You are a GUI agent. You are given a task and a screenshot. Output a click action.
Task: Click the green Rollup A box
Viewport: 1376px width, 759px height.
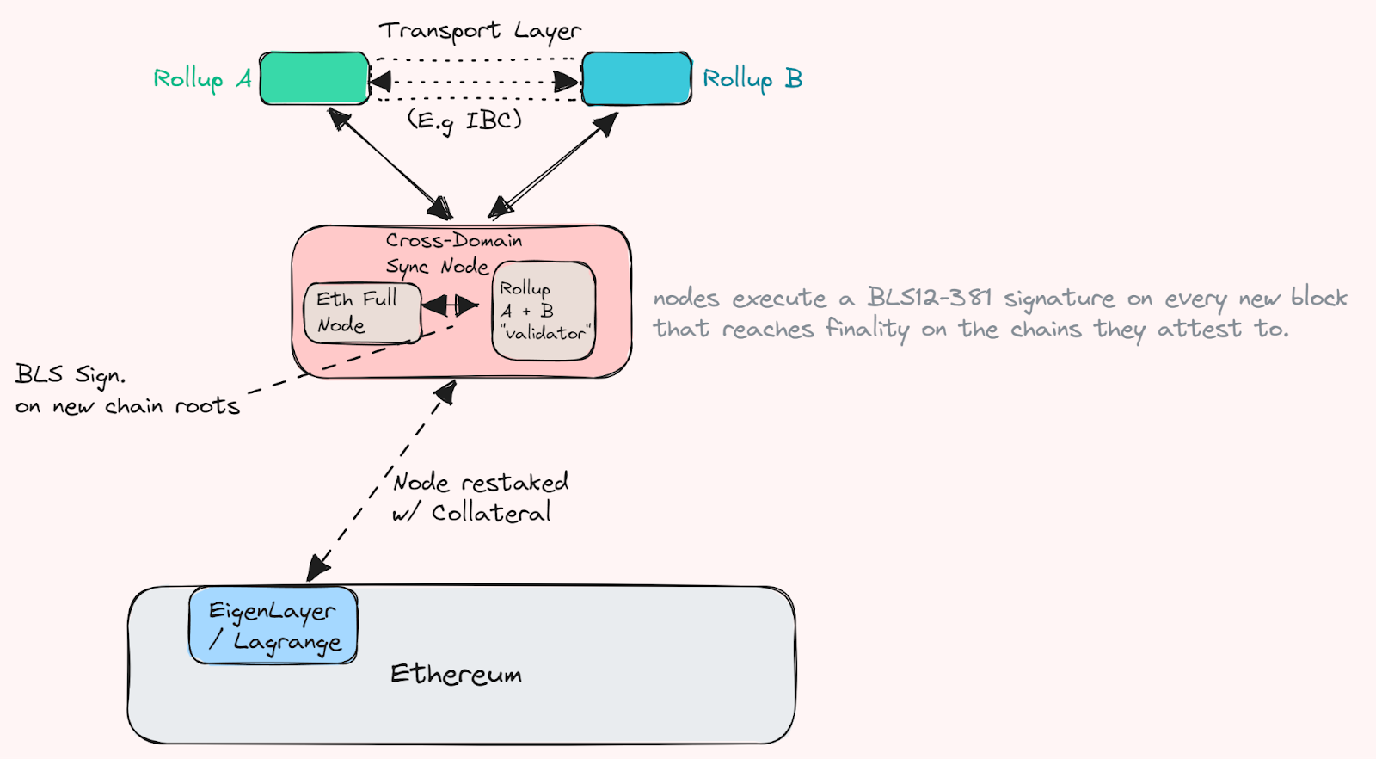click(315, 78)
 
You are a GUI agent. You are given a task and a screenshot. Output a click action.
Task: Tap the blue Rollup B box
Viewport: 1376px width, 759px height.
click(636, 78)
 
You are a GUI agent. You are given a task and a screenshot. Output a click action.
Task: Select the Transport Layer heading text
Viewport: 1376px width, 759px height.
click(480, 31)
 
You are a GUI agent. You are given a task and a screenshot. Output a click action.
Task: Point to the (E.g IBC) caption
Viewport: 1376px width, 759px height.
click(464, 120)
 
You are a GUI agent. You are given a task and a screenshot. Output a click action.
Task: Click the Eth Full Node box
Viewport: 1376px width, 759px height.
click(361, 312)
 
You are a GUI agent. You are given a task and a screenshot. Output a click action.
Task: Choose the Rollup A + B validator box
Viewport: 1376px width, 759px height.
click(544, 311)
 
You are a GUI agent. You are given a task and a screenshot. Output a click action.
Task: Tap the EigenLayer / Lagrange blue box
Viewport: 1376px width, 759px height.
click(273, 626)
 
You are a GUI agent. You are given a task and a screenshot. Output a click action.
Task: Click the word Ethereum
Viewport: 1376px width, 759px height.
click(456, 674)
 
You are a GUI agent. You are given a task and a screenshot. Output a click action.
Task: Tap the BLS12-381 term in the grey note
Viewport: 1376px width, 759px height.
click(929, 298)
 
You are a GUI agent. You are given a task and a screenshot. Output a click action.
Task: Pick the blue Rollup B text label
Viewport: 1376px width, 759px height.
click(752, 79)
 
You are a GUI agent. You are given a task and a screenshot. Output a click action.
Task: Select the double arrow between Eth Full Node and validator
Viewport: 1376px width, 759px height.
click(450, 305)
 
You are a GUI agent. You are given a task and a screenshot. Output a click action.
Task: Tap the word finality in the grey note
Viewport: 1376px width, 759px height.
click(867, 329)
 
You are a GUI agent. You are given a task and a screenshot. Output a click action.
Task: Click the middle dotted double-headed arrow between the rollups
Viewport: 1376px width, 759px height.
click(476, 82)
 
